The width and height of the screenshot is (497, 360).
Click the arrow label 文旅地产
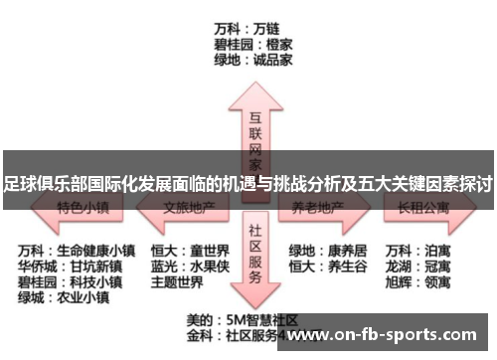click(189, 209)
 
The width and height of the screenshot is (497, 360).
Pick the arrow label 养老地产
click(318, 209)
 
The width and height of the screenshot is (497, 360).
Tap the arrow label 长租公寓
click(423, 209)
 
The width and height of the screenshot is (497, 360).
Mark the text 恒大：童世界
click(190, 250)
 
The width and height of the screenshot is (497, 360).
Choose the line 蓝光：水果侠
click(190, 266)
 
